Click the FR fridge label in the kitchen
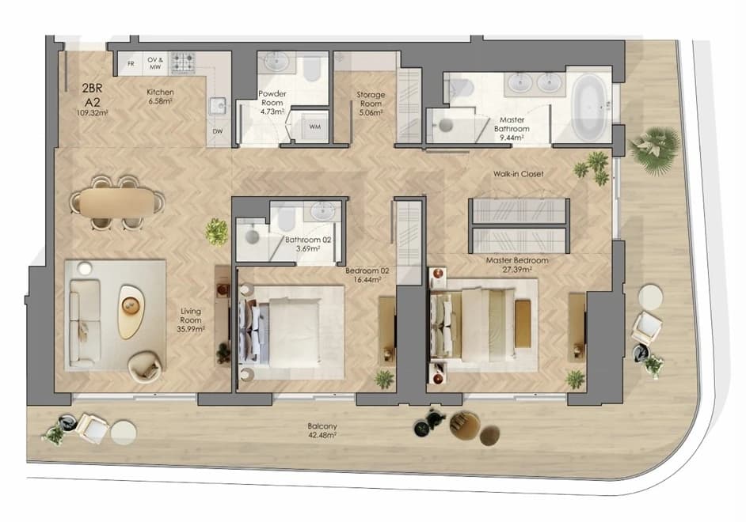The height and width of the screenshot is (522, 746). pos(131,63)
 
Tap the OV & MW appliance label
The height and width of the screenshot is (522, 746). pos(155,63)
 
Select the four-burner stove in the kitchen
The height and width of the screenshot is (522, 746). pos(183,62)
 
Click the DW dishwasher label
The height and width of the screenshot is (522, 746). pos(218,131)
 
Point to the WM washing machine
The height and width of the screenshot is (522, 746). pos(314,127)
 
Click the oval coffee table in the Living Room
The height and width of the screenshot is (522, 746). pos(131,312)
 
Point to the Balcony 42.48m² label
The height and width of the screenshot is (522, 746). pos(322,430)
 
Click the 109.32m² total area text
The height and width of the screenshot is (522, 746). pos(92,113)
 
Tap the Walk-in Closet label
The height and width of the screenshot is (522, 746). pos(518,174)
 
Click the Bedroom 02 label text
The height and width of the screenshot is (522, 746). pos(367,270)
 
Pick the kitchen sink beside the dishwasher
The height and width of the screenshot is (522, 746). pos(218,106)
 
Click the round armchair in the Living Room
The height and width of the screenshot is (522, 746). pos(145,366)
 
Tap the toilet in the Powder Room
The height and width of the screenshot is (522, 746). pos(311,70)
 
